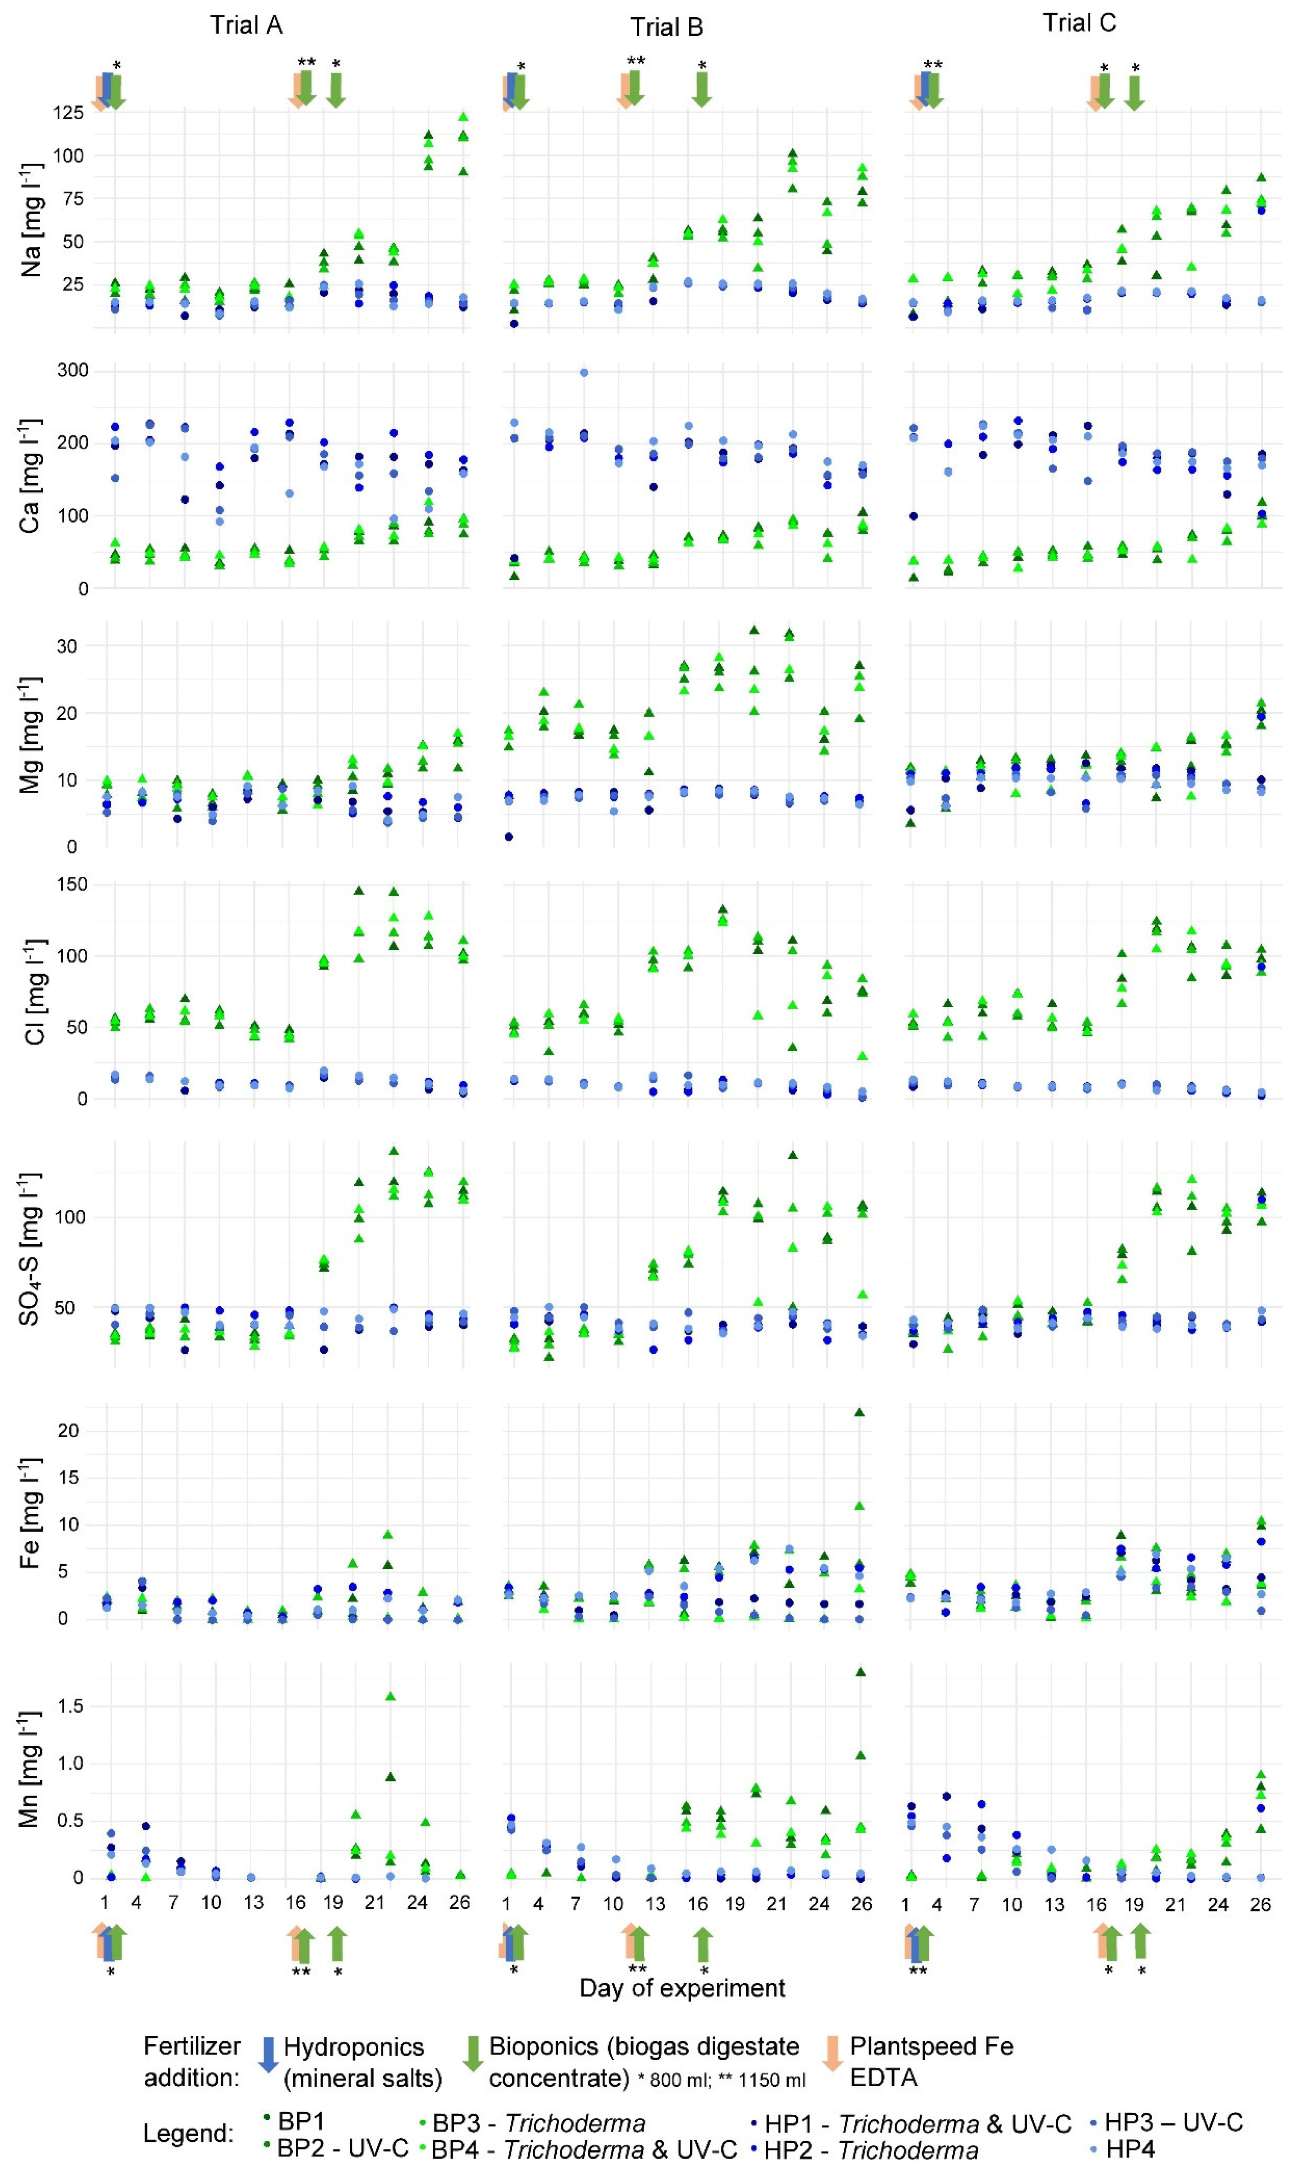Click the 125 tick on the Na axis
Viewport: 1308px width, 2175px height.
pyautogui.click(x=69, y=113)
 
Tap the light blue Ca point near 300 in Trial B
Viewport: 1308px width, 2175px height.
pyautogui.click(x=583, y=373)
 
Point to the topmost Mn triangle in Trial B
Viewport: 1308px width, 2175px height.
pyautogui.click(x=860, y=1672)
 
